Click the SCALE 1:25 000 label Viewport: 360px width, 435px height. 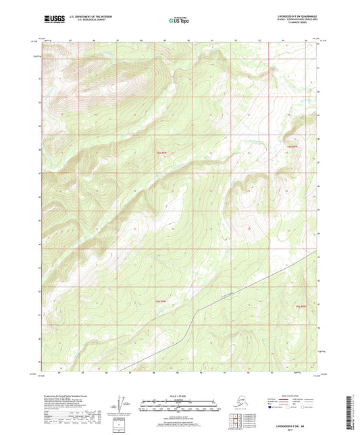coord(179,397)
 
